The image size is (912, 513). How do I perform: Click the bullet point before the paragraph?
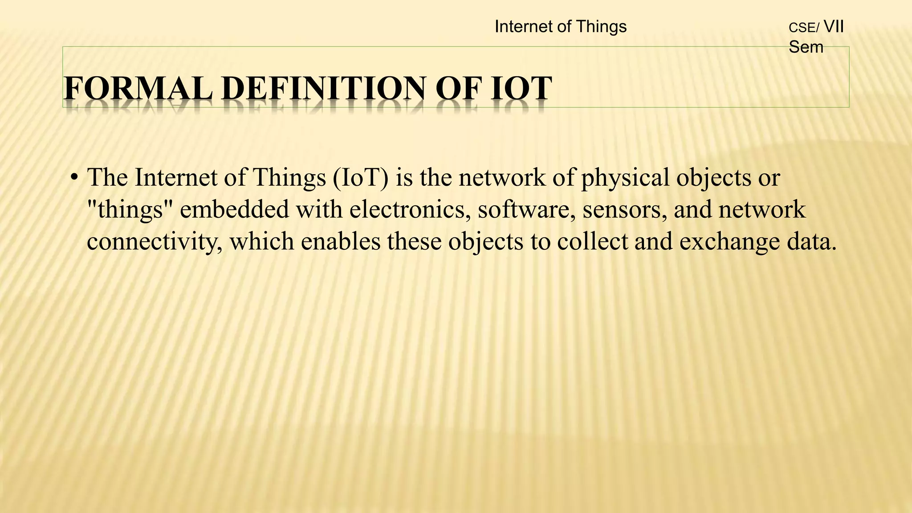[x=74, y=178]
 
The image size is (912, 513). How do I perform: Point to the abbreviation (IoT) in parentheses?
[x=360, y=177]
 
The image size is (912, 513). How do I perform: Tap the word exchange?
[x=729, y=242]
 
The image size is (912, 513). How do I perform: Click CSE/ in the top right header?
[x=804, y=28]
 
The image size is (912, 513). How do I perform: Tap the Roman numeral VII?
[x=834, y=27]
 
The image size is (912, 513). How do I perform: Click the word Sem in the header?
[x=806, y=47]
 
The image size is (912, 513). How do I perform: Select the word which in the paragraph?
[x=262, y=241]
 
